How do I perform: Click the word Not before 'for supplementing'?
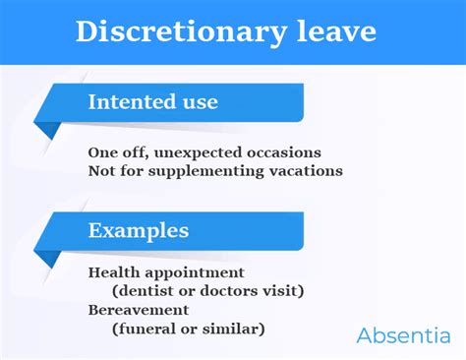102,170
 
